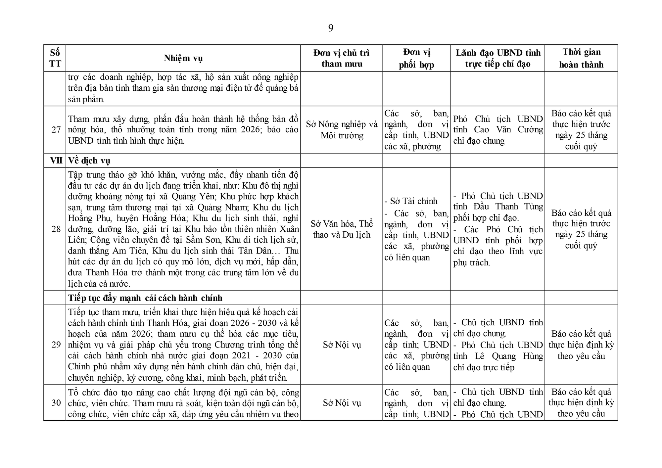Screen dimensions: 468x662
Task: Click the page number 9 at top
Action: click(x=331, y=28)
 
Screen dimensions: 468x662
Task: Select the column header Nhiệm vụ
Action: click(x=183, y=58)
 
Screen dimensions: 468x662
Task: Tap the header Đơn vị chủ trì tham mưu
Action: click(x=341, y=58)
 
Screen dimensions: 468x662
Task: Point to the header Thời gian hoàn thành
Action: click(x=581, y=58)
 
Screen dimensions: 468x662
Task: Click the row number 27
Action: click(x=56, y=130)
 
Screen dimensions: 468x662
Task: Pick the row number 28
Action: click(x=56, y=229)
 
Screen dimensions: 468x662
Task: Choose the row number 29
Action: click(x=56, y=345)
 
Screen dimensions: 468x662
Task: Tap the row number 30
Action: click(x=56, y=403)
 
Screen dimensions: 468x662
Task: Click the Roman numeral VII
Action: click(x=56, y=161)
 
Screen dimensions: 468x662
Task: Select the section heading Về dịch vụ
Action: click(x=89, y=161)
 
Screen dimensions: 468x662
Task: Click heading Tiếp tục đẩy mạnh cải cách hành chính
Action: click(x=145, y=298)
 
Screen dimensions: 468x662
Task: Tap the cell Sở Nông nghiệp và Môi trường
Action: click(x=341, y=130)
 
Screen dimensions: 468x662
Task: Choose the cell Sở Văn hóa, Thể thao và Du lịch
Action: click(x=341, y=229)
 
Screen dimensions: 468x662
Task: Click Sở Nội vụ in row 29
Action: click(x=341, y=345)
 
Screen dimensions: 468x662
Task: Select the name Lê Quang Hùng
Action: click(x=509, y=356)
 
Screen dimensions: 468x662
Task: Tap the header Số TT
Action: click(x=55, y=58)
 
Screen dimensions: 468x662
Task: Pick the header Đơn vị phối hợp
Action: click(x=416, y=58)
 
